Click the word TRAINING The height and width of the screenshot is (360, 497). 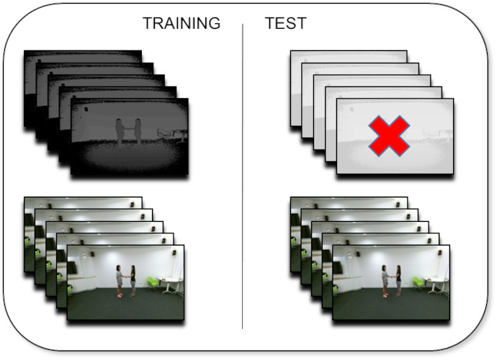(x=182, y=23)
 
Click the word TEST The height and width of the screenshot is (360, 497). (x=285, y=23)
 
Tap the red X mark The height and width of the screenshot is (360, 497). (x=389, y=136)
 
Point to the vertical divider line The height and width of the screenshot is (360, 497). (x=243, y=176)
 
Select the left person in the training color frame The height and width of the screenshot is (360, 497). (x=119, y=281)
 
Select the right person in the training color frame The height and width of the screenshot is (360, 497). (x=133, y=281)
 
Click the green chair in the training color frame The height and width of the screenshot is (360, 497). (x=153, y=284)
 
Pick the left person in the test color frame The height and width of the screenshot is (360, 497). (x=385, y=281)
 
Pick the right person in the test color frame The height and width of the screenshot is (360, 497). (x=398, y=281)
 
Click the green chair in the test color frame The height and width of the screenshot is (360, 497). (x=418, y=284)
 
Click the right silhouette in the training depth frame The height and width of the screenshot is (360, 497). (x=137, y=131)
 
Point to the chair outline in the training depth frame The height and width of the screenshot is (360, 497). (x=164, y=134)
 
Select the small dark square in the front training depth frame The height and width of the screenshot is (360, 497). (x=86, y=109)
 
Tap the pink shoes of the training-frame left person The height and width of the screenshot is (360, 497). (x=119, y=295)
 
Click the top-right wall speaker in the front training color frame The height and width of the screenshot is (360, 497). (x=174, y=253)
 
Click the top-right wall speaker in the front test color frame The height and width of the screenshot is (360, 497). (x=439, y=253)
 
